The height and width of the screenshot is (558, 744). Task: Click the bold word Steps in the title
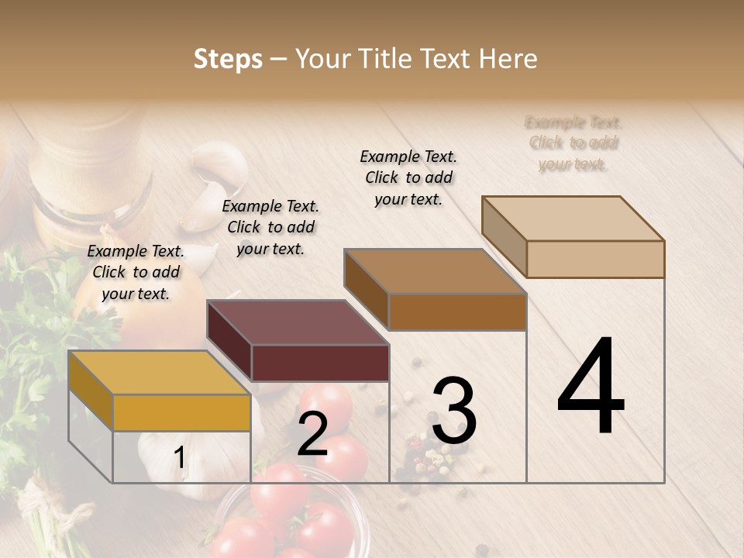point(228,59)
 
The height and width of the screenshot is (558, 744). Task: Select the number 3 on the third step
point(454,412)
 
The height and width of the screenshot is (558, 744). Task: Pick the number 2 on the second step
point(312,434)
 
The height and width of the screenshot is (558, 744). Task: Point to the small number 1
point(180,458)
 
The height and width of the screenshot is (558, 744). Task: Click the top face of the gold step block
point(159,373)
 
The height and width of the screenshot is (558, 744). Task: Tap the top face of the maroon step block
point(298,322)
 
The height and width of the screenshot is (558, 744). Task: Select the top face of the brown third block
point(435,271)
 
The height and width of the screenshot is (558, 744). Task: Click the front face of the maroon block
point(320,363)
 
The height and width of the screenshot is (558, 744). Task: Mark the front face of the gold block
point(181,412)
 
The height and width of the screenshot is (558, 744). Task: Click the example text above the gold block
point(136,272)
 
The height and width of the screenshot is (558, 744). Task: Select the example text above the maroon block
point(270,227)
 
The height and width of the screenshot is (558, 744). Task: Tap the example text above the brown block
point(408,177)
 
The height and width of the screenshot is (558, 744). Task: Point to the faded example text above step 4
point(573,143)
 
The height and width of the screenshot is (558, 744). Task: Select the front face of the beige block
point(595,259)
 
